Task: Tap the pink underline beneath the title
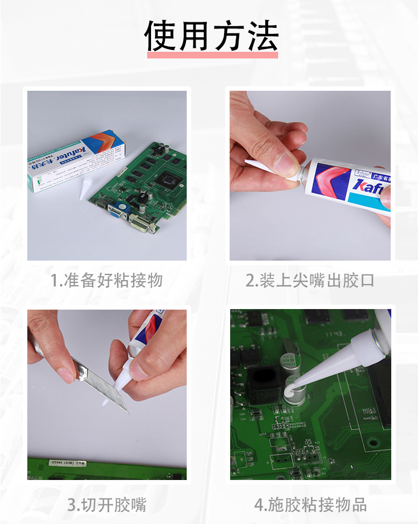click(212, 55)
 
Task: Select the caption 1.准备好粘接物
click(106, 280)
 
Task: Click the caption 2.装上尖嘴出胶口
click(310, 280)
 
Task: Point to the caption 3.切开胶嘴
click(106, 505)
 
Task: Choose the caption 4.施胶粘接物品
click(310, 505)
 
